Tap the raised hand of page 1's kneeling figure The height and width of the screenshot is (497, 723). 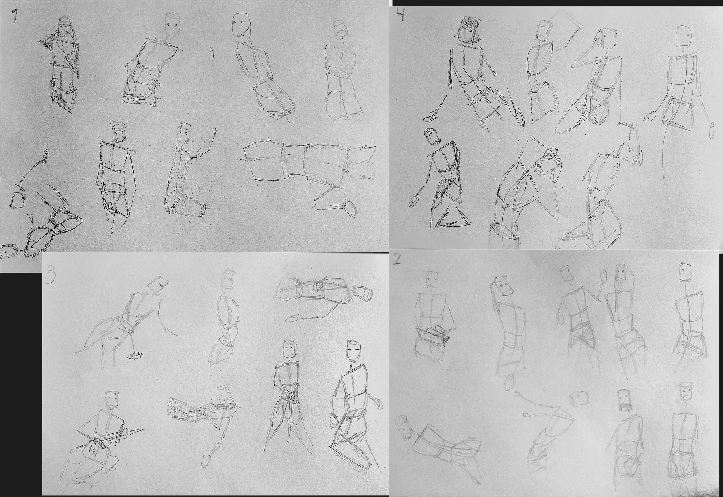click(214, 132)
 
